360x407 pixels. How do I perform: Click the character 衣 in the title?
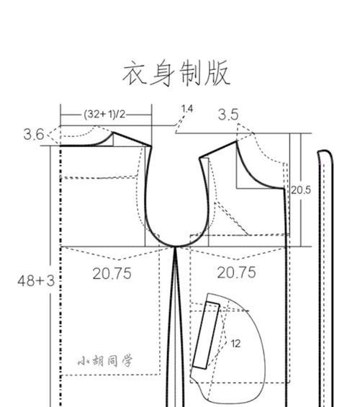[x=135, y=73]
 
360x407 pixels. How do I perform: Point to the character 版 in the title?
[x=217, y=73]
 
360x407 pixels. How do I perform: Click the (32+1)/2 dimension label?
[x=104, y=114]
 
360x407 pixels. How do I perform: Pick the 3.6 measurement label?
[x=34, y=135]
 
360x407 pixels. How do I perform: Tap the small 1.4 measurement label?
[x=187, y=109]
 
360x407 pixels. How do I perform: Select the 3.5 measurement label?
[x=228, y=115]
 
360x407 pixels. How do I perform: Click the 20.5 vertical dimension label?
[x=301, y=190]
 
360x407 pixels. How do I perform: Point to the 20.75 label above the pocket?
[x=237, y=272]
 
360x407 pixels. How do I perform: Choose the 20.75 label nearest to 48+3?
[x=112, y=274]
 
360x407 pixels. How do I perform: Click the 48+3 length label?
[x=36, y=281]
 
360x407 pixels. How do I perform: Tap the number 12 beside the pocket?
[x=235, y=344]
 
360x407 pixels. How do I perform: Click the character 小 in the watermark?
[x=84, y=362]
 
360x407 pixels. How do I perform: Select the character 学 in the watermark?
[x=127, y=361]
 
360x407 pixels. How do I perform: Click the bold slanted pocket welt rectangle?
[x=206, y=335]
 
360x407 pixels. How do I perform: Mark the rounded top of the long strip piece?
[x=325, y=151]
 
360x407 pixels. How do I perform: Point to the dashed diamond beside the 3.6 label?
[x=53, y=135]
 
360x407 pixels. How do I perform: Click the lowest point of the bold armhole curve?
[x=176, y=246]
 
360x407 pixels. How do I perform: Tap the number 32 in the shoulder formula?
[x=92, y=114]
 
